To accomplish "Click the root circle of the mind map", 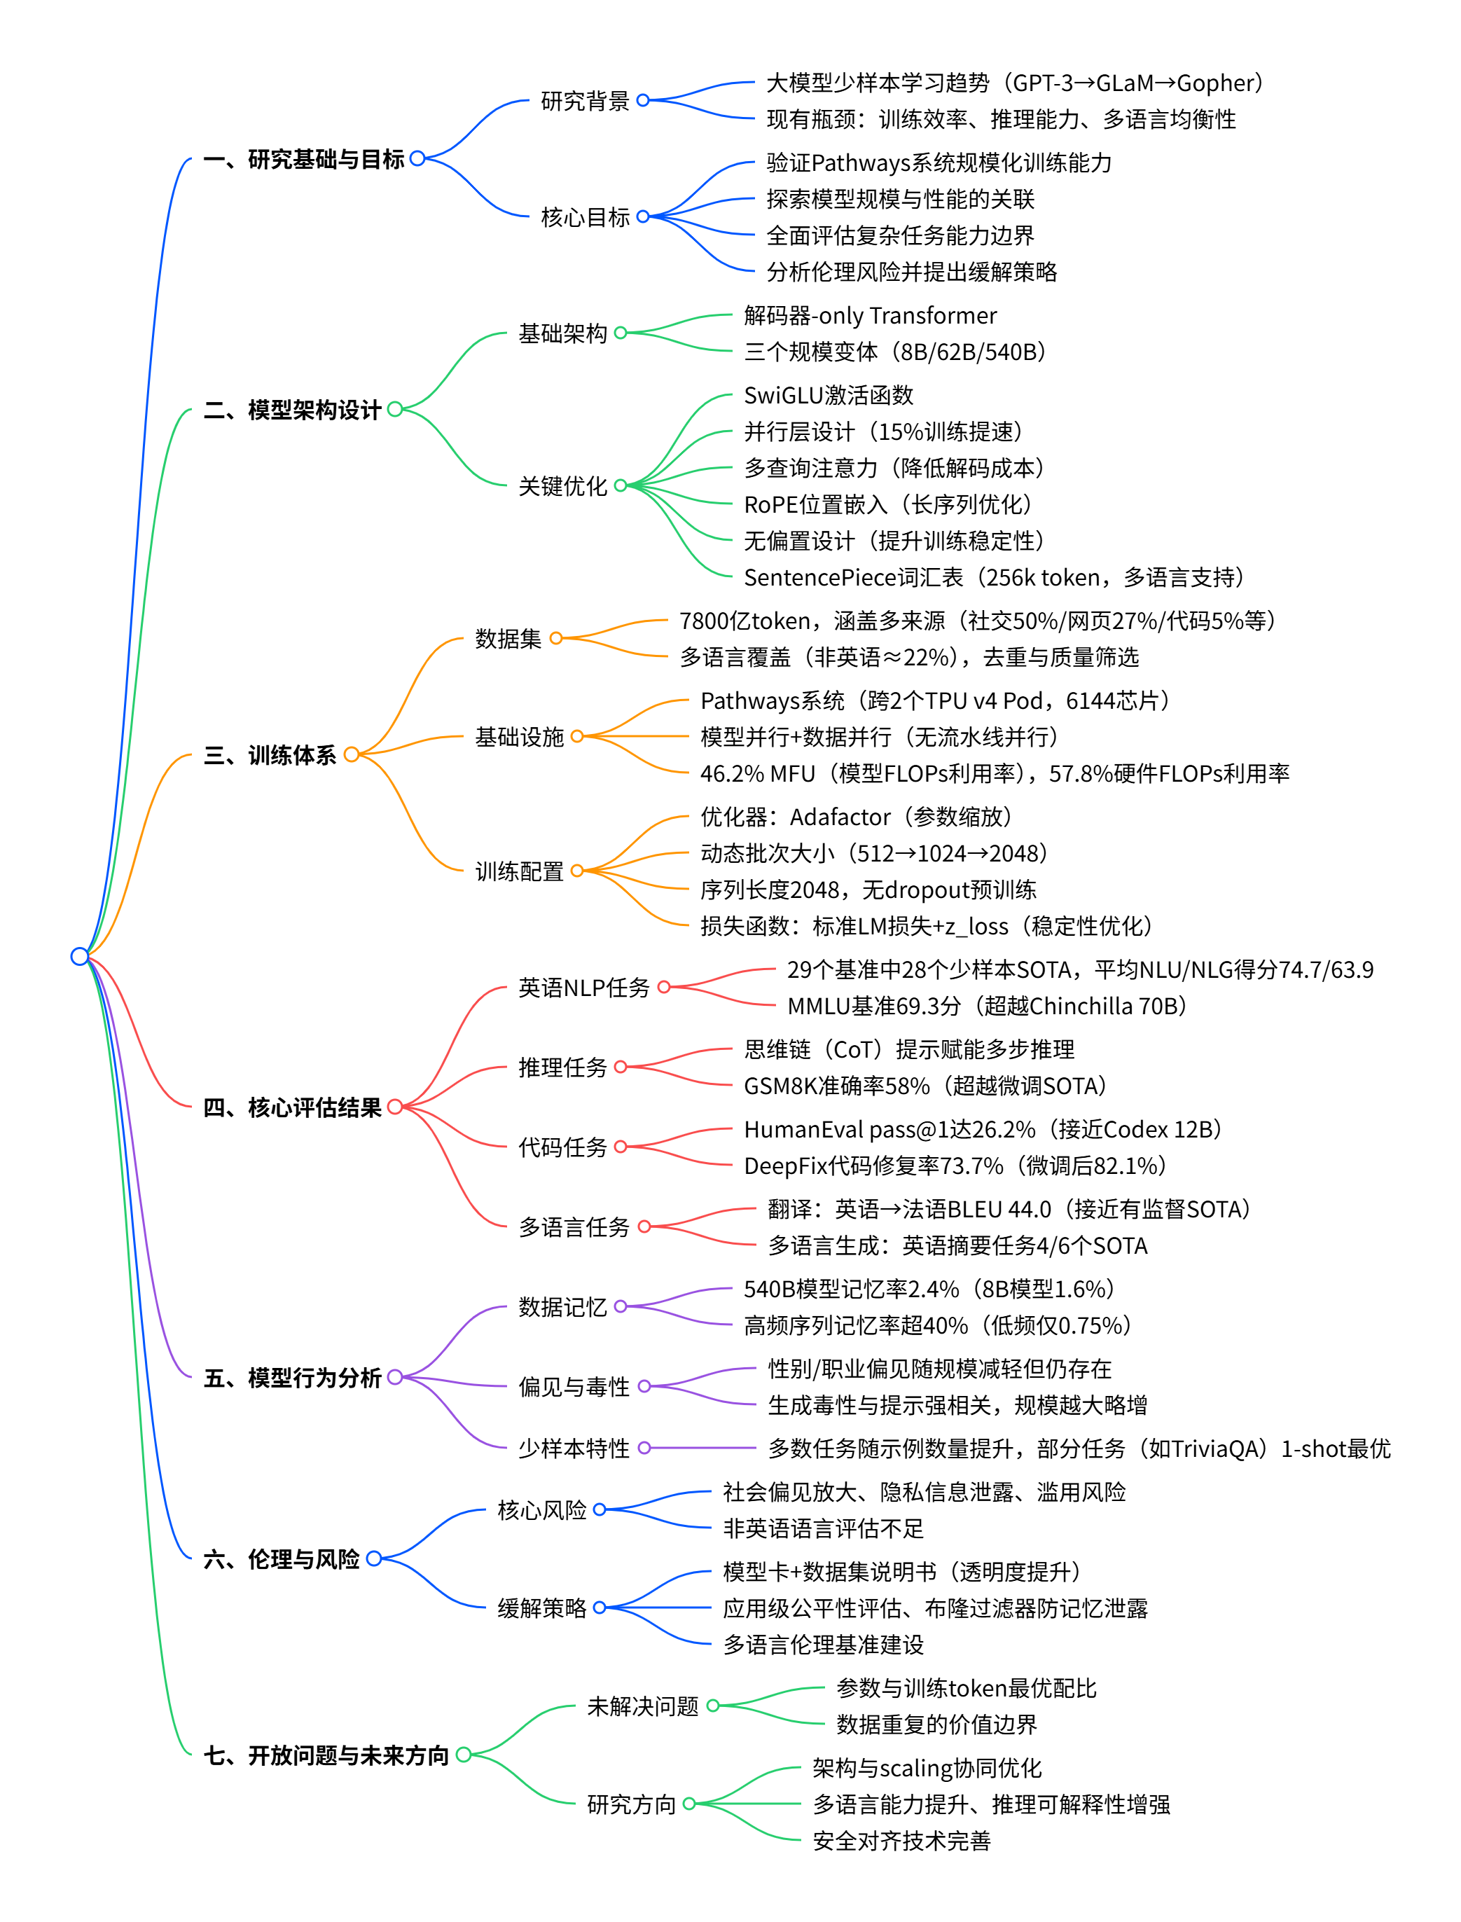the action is [x=79, y=957].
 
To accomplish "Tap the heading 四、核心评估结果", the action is [x=292, y=1107].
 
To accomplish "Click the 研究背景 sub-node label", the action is [x=584, y=101].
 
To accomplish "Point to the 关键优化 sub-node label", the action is [x=562, y=486].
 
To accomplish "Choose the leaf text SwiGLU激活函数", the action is [x=829, y=396].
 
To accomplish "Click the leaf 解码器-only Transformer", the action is [x=870, y=316].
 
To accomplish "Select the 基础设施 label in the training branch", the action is [x=519, y=738].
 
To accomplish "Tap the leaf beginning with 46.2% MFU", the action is [x=994, y=773].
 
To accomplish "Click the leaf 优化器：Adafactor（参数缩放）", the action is [x=856, y=817].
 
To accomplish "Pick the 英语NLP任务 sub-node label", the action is [x=583, y=988].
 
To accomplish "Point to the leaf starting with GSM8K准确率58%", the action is [x=925, y=1086].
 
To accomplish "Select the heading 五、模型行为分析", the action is [x=292, y=1378].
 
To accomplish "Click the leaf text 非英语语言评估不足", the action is [x=823, y=1529].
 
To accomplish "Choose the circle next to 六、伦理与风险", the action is [x=374, y=1558].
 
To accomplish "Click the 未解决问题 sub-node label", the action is [x=643, y=1706].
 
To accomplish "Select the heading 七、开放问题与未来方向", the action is [x=326, y=1756].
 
